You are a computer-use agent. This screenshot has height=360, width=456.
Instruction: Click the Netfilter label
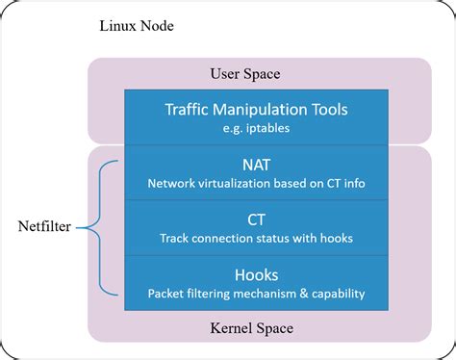43,228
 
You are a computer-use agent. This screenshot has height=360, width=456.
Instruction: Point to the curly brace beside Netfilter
97,228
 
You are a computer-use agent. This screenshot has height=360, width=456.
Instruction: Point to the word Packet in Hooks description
166,293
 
